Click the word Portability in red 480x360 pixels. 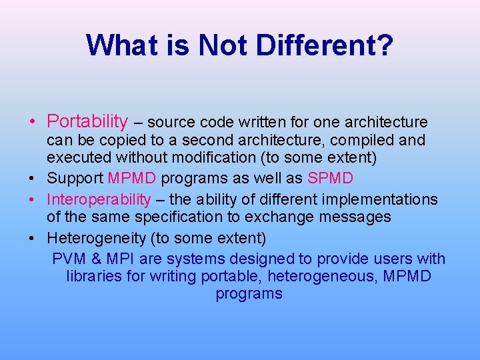[87, 121]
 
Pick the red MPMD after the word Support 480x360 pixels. [132, 179]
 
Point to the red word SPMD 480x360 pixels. [330, 179]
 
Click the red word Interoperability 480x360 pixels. [99, 200]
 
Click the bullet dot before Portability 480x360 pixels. [32, 122]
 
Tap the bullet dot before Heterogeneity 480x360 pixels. [32, 238]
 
